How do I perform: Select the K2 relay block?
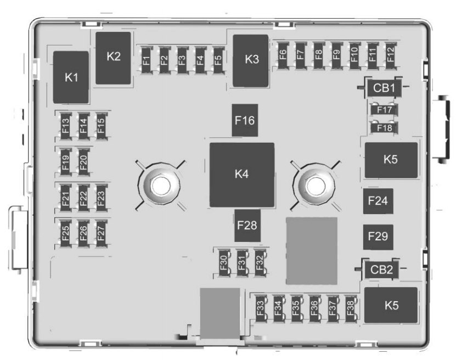point(114,57)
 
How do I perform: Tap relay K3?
point(251,60)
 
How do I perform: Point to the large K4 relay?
point(242,175)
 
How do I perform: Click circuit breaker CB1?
point(383,87)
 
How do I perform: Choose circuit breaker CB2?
point(381,269)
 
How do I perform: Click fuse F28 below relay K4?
point(247,225)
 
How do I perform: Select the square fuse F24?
point(378,201)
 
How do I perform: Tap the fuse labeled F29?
point(378,237)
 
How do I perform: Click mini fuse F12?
point(390,55)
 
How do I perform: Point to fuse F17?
point(385,110)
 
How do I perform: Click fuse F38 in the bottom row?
point(349,311)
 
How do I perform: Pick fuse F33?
point(260,311)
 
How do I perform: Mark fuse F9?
point(336,55)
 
